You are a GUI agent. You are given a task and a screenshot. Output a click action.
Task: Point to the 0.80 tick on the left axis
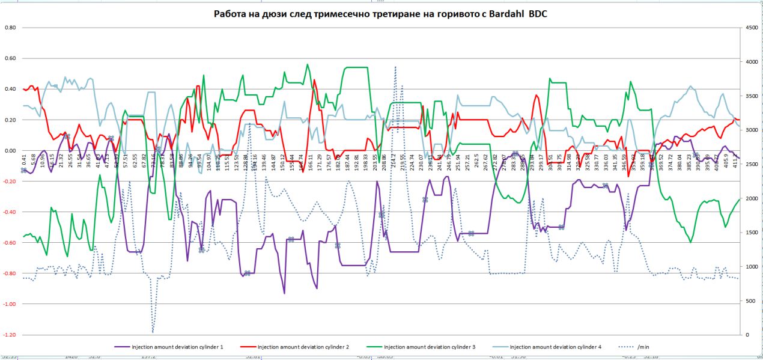click(10, 28)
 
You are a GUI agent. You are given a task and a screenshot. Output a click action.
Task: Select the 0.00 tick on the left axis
click(10, 151)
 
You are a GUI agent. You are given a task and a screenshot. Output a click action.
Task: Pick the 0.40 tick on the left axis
click(10, 90)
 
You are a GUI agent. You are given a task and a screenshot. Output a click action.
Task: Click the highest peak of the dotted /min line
click(395, 67)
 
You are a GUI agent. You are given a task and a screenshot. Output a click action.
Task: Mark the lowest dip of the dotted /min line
click(153, 331)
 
